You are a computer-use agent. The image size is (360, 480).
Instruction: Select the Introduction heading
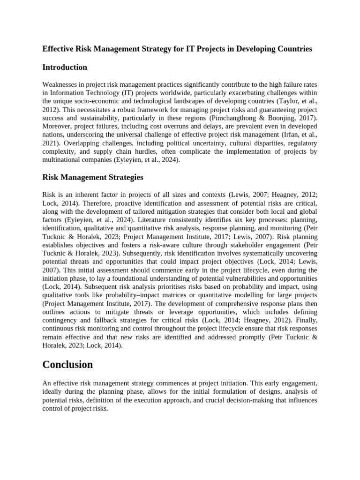(65, 67)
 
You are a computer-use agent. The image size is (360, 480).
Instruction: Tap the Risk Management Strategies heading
(93, 177)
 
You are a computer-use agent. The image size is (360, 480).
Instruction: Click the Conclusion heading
(67, 364)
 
